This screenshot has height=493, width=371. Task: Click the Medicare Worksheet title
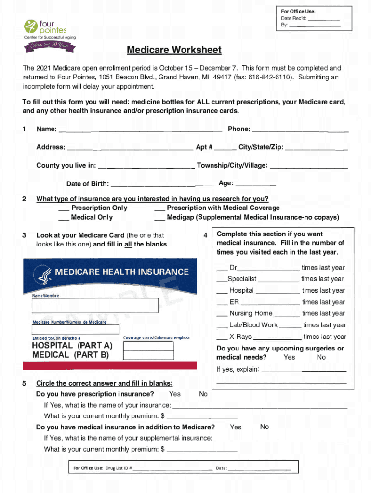point(174,51)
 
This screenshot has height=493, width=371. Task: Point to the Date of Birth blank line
point(162,184)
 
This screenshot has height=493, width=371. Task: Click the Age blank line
point(255,184)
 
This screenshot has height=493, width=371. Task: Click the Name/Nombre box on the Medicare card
point(95,306)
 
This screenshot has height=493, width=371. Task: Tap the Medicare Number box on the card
point(76,329)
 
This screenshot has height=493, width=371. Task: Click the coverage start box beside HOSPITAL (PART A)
point(148,345)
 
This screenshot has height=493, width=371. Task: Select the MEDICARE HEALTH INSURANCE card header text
point(122,272)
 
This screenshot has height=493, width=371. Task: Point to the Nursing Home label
point(251,313)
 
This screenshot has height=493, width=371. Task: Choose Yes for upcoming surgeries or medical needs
point(290,357)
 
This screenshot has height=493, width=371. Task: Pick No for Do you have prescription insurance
point(203,394)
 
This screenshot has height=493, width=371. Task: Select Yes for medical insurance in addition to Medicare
point(236,427)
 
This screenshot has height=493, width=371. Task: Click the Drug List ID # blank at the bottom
point(173,468)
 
